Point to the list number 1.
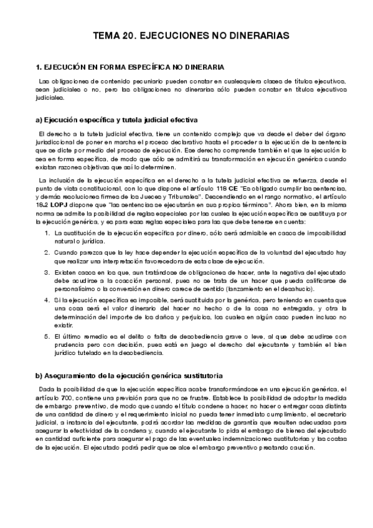click(x=47, y=232)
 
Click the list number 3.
click(x=47, y=272)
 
